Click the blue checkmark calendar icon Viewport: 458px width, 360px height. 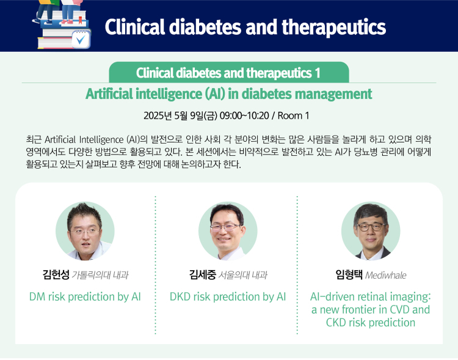[x=81, y=39]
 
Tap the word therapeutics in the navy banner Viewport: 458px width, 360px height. [x=333, y=27]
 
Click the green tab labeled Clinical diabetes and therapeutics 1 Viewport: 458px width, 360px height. [x=229, y=72]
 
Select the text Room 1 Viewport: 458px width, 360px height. [x=293, y=116]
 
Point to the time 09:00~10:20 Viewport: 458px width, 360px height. [x=244, y=116]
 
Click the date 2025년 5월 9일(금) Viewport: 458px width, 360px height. [x=180, y=116]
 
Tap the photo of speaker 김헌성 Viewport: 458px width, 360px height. [x=85, y=231]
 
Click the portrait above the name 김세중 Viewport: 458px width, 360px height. [x=228, y=231]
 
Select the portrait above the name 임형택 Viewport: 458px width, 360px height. [x=371, y=231]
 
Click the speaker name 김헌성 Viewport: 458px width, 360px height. [x=56, y=274]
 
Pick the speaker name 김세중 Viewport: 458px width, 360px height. [x=202, y=274]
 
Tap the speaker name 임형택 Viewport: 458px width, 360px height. [x=349, y=274]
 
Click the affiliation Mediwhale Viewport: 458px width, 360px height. [x=385, y=275]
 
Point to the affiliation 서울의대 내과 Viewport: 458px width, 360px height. [x=242, y=275]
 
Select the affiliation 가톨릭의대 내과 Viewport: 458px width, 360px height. [x=100, y=275]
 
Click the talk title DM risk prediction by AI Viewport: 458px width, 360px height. [x=85, y=297]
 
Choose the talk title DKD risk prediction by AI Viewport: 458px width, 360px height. [x=228, y=297]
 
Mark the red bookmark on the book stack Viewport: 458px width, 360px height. [x=80, y=20]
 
